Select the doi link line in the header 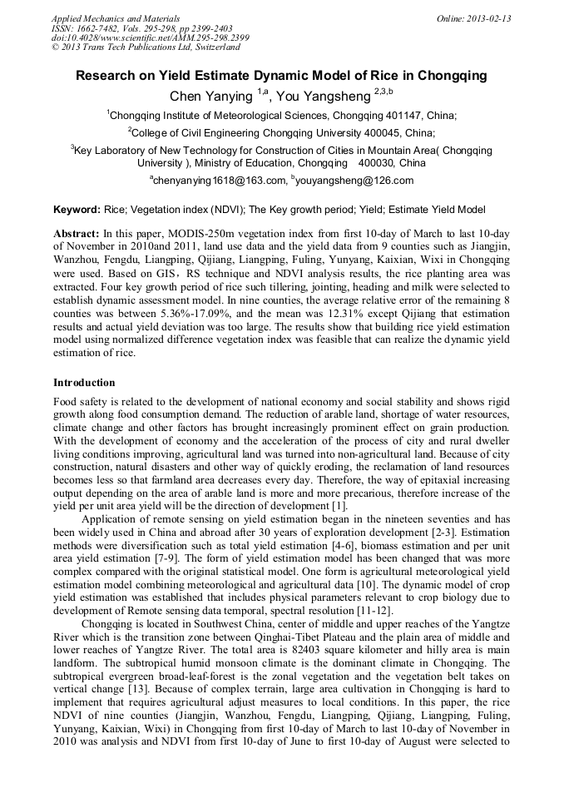(x=150, y=37)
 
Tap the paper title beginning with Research (x=281, y=76)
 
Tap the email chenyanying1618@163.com (x=219, y=181)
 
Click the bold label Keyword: (x=77, y=210)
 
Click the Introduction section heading (x=84, y=383)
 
